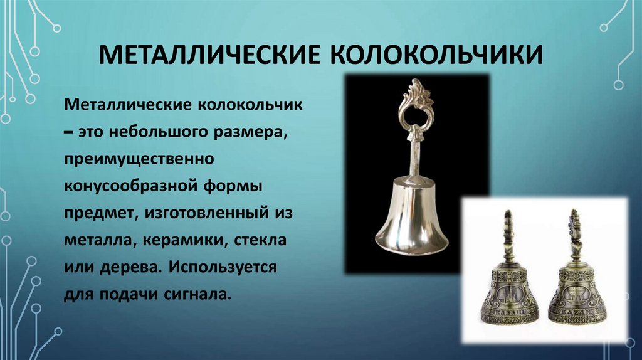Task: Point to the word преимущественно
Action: pyautogui.click(x=138, y=158)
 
